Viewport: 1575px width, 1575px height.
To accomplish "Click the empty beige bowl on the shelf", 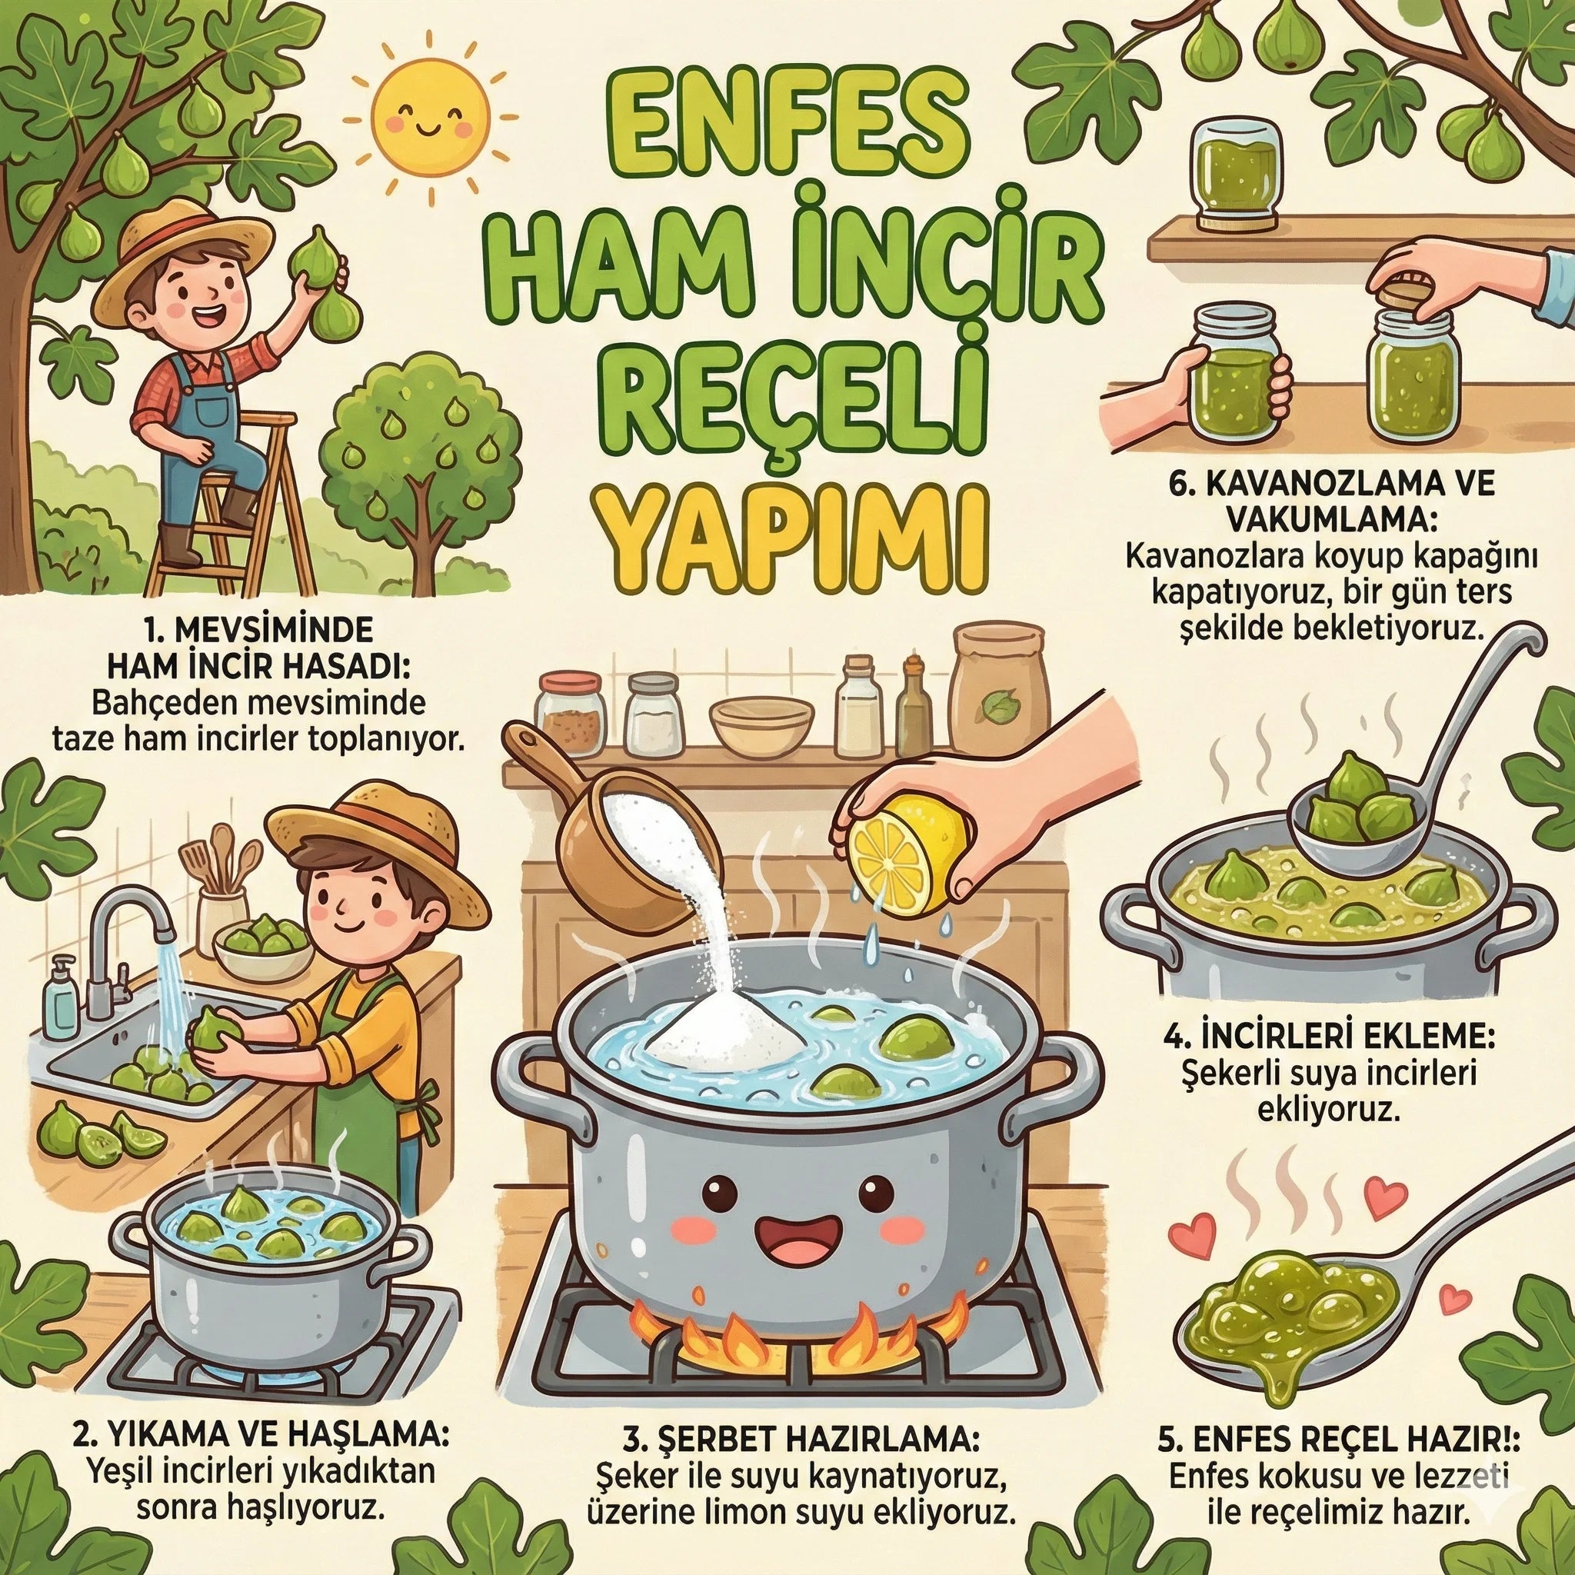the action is click(x=762, y=724).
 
